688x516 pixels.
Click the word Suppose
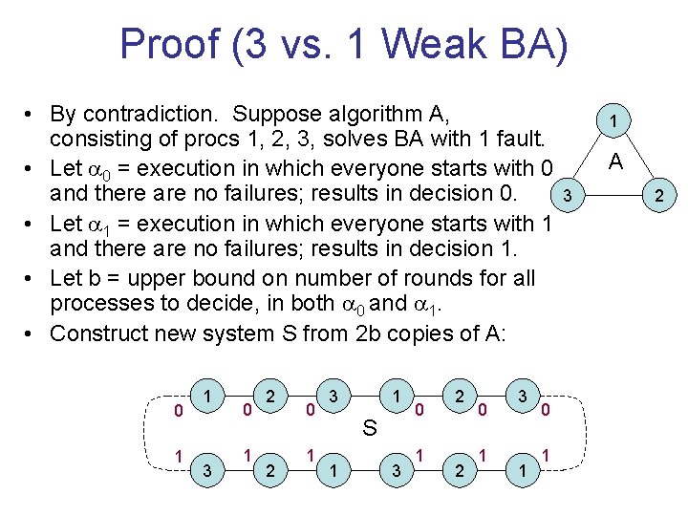[277, 115]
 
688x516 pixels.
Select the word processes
[97, 305]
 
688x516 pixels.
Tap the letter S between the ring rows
[370, 428]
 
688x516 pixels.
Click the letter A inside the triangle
[617, 161]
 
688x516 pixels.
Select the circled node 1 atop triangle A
[617, 120]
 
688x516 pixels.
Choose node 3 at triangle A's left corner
[567, 197]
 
